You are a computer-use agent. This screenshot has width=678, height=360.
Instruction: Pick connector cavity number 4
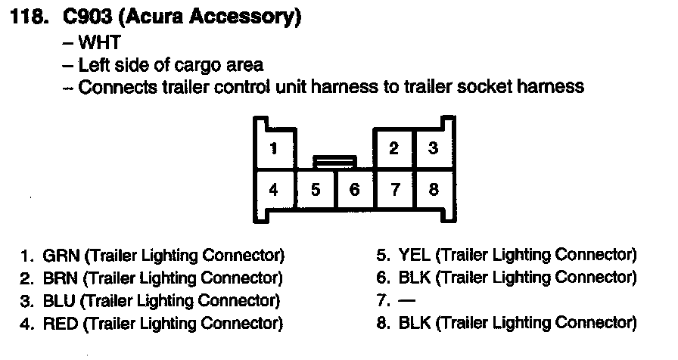(273, 189)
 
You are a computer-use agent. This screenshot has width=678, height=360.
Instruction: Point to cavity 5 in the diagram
(316, 189)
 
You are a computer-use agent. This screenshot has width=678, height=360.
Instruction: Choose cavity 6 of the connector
(354, 189)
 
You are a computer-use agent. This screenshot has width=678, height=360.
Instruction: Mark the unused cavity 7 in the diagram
(394, 189)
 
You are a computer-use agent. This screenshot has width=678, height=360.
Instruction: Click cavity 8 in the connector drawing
(434, 189)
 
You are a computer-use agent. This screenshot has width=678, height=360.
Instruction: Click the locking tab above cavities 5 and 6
(334, 160)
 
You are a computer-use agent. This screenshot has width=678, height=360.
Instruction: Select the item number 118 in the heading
(29, 18)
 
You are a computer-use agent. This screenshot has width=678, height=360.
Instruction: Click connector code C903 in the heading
(79, 18)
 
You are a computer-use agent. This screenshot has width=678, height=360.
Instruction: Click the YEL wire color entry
(415, 255)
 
